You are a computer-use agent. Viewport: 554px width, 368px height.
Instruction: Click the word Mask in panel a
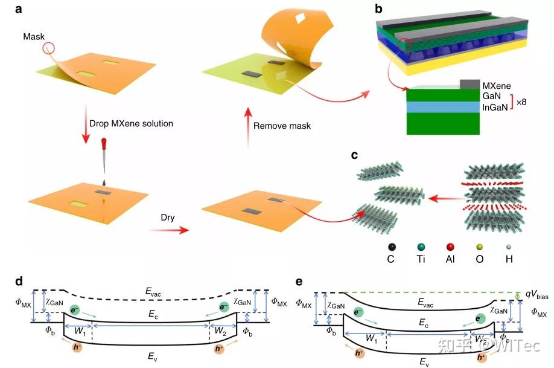tap(34, 36)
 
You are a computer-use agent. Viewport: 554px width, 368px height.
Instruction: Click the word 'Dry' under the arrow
tap(167, 218)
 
